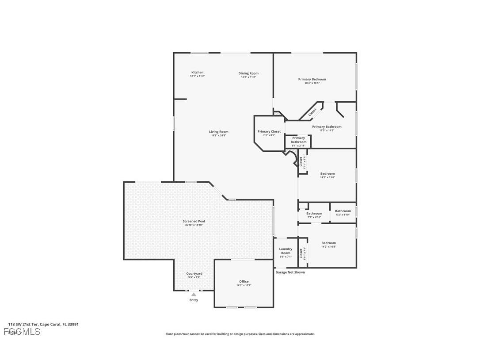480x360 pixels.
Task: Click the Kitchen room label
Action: (197, 73)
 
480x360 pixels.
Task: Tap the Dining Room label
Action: (248, 73)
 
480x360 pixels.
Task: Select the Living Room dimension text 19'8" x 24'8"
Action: (219, 135)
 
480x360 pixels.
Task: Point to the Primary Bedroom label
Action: (312, 80)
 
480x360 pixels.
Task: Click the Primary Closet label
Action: (269, 131)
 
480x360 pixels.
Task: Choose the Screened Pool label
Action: (194, 221)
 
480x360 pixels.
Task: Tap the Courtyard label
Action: (194, 274)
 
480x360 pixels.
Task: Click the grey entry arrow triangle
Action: (194, 294)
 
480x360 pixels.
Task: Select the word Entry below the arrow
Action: (194, 300)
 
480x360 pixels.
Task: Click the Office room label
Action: (244, 282)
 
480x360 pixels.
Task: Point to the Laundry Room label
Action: (286, 251)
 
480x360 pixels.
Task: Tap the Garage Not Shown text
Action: (290, 272)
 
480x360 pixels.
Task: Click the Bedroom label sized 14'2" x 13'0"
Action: (328, 174)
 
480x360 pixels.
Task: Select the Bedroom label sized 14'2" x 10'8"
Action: (328, 243)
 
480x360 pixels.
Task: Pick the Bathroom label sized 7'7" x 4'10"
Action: (314, 214)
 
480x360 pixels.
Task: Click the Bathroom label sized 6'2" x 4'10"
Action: (343, 211)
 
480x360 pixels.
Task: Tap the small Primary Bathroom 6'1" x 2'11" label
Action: (298, 140)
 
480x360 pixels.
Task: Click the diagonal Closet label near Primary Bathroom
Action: (312, 112)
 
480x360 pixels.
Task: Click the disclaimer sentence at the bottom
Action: (240, 334)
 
